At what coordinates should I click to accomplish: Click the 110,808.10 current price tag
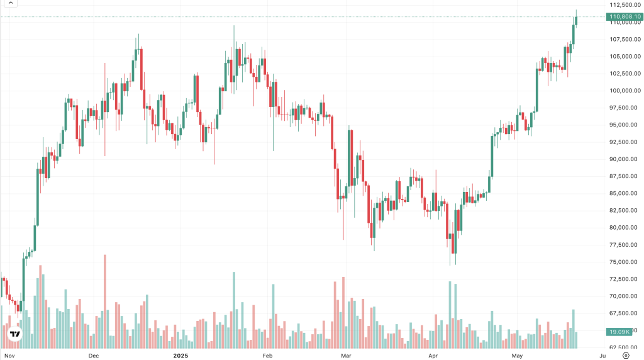pyautogui.click(x=624, y=16)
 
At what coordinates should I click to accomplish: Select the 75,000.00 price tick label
pyautogui.click(x=625, y=262)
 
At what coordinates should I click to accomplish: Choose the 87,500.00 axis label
pyautogui.click(x=625, y=176)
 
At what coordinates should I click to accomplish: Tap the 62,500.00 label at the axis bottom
pyautogui.click(x=625, y=347)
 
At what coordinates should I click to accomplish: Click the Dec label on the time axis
pyautogui.click(x=94, y=356)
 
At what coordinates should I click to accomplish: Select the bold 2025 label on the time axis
pyautogui.click(x=180, y=356)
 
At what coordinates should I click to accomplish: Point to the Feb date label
pyautogui.click(x=267, y=356)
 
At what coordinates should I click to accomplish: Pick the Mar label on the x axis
pyautogui.click(x=345, y=356)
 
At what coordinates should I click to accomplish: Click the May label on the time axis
pyautogui.click(x=517, y=356)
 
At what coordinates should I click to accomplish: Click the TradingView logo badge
pyautogui.click(x=15, y=334)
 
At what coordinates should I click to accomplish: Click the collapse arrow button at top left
pyautogui.click(x=9, y=4)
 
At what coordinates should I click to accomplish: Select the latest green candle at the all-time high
pyautogui.click(x=577, y=20)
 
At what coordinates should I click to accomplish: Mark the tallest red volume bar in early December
pyautogui.click(x=105, y=301)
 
